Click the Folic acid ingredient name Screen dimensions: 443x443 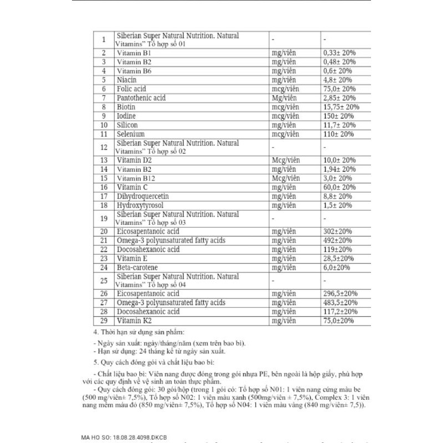click(x=132, y=89)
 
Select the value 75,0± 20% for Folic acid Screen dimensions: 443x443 click(x=339, y=89)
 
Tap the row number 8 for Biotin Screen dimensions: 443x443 click(x=104, y=107)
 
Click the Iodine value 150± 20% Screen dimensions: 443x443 click(x=338, y=116)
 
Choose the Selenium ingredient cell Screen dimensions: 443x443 click(x=131, y=134)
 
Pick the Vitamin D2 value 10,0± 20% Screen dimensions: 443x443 click(x=339, y=160)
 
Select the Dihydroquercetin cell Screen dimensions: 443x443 click(x=143, y=196)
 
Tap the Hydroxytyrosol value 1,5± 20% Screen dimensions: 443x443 click(x=337, y=205)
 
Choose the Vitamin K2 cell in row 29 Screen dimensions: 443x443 click(x=133, y=321)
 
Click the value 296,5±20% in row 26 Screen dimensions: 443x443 click(x=339, y=293)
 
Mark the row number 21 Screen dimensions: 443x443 click(x=104, y=240)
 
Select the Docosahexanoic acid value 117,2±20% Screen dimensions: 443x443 click(x=339, y=312)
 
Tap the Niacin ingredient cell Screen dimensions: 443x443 click(x=127, y=80)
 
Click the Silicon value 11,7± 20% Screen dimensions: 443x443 click(x=338, y=125)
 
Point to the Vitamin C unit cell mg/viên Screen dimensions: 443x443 click(x=283, y=187)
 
